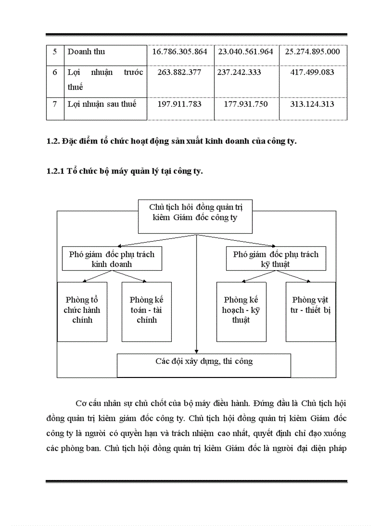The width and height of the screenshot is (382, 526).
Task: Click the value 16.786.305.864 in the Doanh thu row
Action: (180, 52)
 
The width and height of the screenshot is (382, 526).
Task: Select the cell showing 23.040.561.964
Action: (246, 52)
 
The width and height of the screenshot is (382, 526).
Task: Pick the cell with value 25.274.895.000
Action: (312, 52)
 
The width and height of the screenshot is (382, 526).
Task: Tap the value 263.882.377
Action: (180, 73)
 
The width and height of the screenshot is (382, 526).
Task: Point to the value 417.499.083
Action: (312, 73)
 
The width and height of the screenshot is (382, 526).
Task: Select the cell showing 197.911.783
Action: (180, 104)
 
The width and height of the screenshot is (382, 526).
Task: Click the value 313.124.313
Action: (312, 104)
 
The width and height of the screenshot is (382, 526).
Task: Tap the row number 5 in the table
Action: (55, 52)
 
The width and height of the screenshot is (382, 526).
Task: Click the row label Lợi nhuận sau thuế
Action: (102, 104)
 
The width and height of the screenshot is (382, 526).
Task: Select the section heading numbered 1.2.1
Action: (125, 172)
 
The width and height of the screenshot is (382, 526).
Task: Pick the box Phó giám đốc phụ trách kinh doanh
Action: (112, 259)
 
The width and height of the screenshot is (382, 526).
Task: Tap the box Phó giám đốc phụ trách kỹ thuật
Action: (276, 259)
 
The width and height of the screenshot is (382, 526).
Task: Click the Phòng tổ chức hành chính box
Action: (82, 311)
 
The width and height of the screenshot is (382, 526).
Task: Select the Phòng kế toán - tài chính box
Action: (147, 311)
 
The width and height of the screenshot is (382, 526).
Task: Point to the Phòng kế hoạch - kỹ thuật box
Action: (241, 311)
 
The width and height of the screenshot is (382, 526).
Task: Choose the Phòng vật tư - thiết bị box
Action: (311, 311)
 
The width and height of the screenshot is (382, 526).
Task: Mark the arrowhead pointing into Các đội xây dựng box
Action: (196, 351)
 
